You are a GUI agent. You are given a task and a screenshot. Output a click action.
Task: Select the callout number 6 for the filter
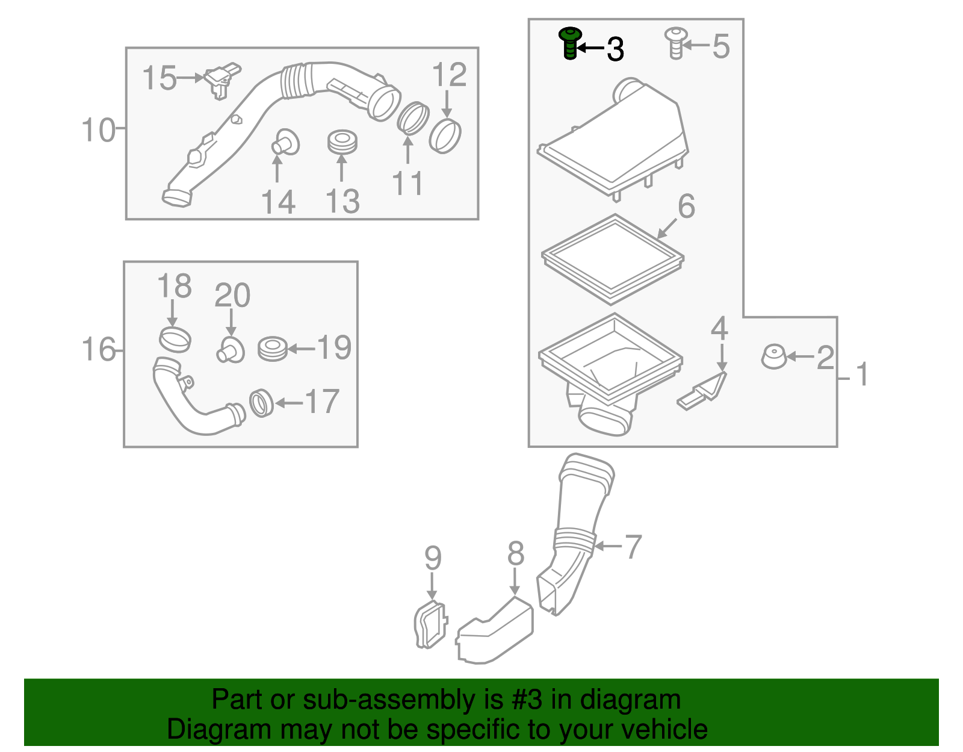pyautogui.click(x=686, y=207)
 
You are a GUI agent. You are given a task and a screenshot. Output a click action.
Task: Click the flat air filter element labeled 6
pyautogui.click(x=612, y=259)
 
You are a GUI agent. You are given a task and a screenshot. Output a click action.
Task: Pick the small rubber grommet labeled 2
pyautogui.click(x=773, y=356)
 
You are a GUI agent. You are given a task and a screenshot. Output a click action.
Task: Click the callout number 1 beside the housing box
pyautogui.click(x=862, y=374)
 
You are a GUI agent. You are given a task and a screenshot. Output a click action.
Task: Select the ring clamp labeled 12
pyautogui.click(x=445, y=136)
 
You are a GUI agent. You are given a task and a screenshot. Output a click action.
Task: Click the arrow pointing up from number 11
pyautogui.click(x=408, y=151)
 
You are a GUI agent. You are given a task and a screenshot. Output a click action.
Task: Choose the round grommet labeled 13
pyautogui.click(x=342, y=141)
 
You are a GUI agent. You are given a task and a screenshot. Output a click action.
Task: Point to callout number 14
pyautogui.click(x=278, y=202)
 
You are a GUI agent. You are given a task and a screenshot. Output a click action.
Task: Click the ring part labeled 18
pyautogui.click(x=175, y=339)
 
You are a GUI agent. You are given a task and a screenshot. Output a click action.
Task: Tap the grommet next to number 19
pyautogui.click(x=273, y=349)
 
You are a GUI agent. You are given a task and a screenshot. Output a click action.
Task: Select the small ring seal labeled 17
pyautogui.click(x=261, y=403)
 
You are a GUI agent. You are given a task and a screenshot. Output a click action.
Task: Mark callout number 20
pyautogui.click(x=232, y=296)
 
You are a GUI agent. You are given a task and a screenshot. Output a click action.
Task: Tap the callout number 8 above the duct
pyautogui.click(x=516, y=554)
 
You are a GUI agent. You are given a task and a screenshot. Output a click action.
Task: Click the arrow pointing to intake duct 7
pyautogui.click(x=607, y=546)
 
